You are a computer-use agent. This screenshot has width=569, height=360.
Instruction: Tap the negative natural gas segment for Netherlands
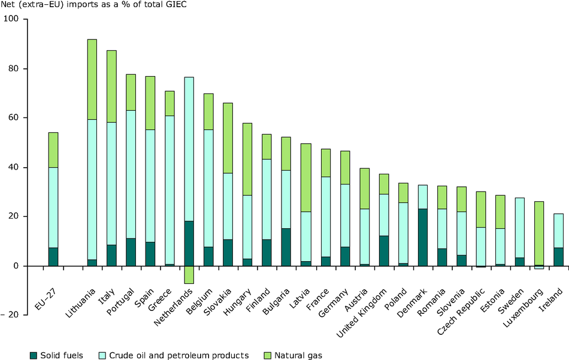coord(189,274)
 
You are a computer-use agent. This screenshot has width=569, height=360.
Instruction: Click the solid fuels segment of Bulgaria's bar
coord(286,247)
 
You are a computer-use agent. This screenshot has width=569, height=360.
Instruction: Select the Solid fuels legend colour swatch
coord(34,356)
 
